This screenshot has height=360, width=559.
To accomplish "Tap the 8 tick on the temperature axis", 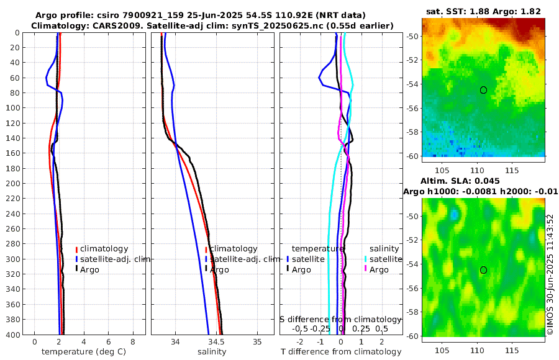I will [x=132, y=342].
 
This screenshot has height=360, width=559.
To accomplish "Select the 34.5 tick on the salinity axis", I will [x=216, y=342].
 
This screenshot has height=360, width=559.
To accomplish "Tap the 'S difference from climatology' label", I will [x=340, y=319].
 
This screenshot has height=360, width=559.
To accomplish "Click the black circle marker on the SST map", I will [x=483, y=90].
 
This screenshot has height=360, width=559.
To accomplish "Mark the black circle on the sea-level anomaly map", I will [x=483, y=270].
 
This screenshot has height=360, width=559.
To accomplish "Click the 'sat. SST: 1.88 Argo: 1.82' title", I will [x=484, y=11].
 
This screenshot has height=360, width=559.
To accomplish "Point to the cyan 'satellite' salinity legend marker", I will [x=366, y=259].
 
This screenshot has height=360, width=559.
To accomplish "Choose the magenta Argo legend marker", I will [x=366, y=269].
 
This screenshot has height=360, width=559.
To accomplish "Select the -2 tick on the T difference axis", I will [x=301, y=342].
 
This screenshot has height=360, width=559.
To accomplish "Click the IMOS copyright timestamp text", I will [x=550, y=276].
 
